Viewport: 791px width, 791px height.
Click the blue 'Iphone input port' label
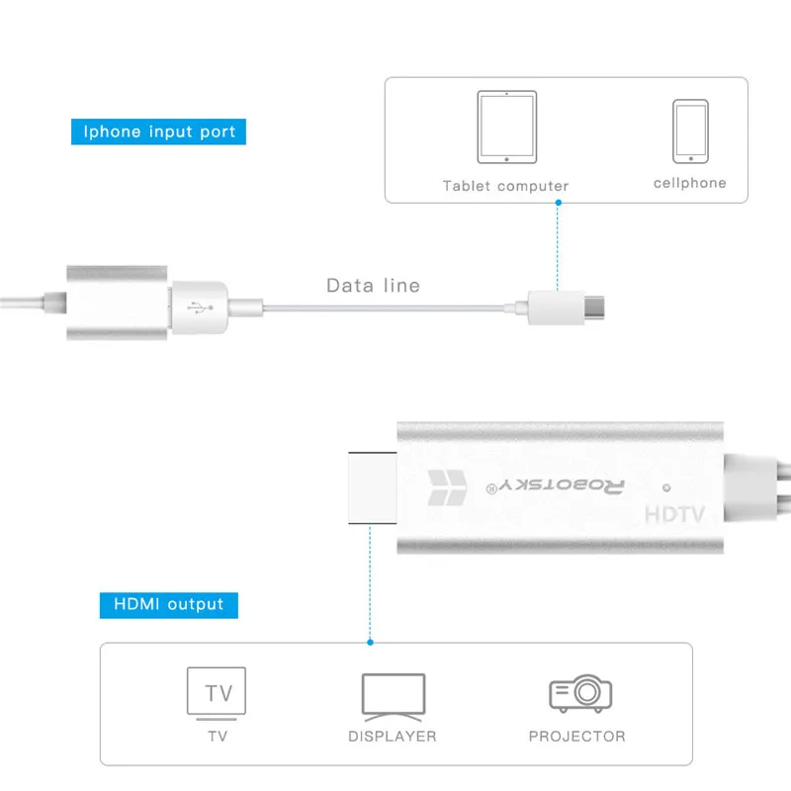coord(159,132)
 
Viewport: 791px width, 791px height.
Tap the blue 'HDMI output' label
coord(168,604)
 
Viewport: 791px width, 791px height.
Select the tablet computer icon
coord(506,127)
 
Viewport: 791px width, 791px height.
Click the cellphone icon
coord(690,131)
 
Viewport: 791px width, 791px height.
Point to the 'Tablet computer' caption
coord(505,186)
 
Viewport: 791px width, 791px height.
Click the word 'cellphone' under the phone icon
coord(689,183)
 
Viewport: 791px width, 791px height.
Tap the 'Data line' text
coord(373,286)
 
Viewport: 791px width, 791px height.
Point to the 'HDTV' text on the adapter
coord(672,515)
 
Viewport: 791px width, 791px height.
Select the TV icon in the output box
coord(217,691)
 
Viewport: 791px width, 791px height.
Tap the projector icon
coord(579,693)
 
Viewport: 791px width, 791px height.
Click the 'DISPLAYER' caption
coord(393,737)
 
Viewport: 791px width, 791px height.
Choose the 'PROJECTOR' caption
coord(577,737)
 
